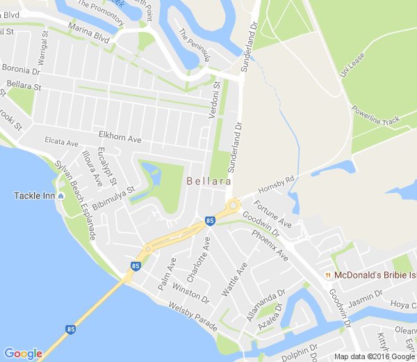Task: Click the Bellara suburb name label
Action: click(208, 182)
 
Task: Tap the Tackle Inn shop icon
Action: click(62, 196)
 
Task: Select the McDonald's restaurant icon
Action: click(327, 276)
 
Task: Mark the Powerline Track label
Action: click(375, 116)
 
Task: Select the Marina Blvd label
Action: click(89, 35)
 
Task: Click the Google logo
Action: click(23, 353)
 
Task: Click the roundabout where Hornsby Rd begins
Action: click(232, 205)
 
